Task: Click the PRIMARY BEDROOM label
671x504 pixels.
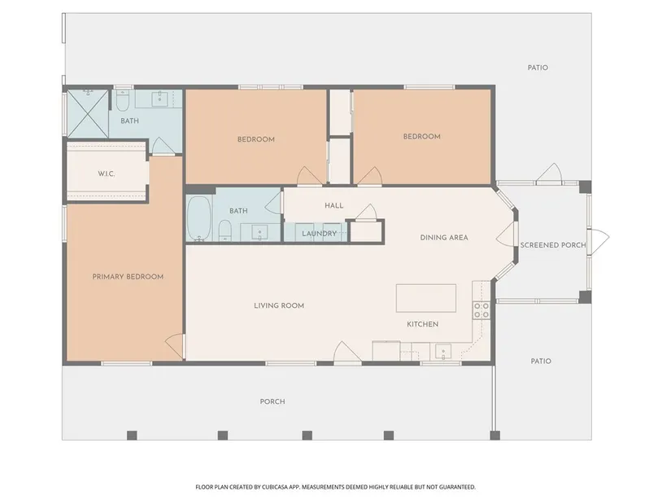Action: [x=128, y=277]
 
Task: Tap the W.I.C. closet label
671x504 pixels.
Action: [x=106, y=174]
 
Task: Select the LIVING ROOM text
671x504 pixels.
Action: [x=279, y=305]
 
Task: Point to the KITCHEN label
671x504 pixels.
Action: [x=422, y=324]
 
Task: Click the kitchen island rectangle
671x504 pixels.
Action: [x=426, y=298]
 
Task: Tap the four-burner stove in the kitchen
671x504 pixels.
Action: [x=481, y=310]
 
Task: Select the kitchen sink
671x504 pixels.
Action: [x=443, y=352]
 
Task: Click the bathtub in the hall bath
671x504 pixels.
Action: [x=199, y=218]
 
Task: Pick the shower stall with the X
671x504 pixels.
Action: [x=88, y=113]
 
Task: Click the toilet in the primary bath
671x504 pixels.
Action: [x=123, y=100]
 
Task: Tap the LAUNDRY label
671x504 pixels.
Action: [x=320, y=234]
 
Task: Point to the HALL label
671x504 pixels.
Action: [x=333, y=206]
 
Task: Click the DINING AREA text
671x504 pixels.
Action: [x=444, y=238]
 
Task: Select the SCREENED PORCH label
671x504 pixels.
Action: [x=553, y=245]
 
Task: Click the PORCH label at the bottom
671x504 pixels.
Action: [x=272, y=401]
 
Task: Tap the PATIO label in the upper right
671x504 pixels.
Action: [x=538, y=68]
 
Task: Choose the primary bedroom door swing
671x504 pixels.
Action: [x=175, y=346]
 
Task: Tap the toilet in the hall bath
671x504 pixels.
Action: [x=225, y=230]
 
